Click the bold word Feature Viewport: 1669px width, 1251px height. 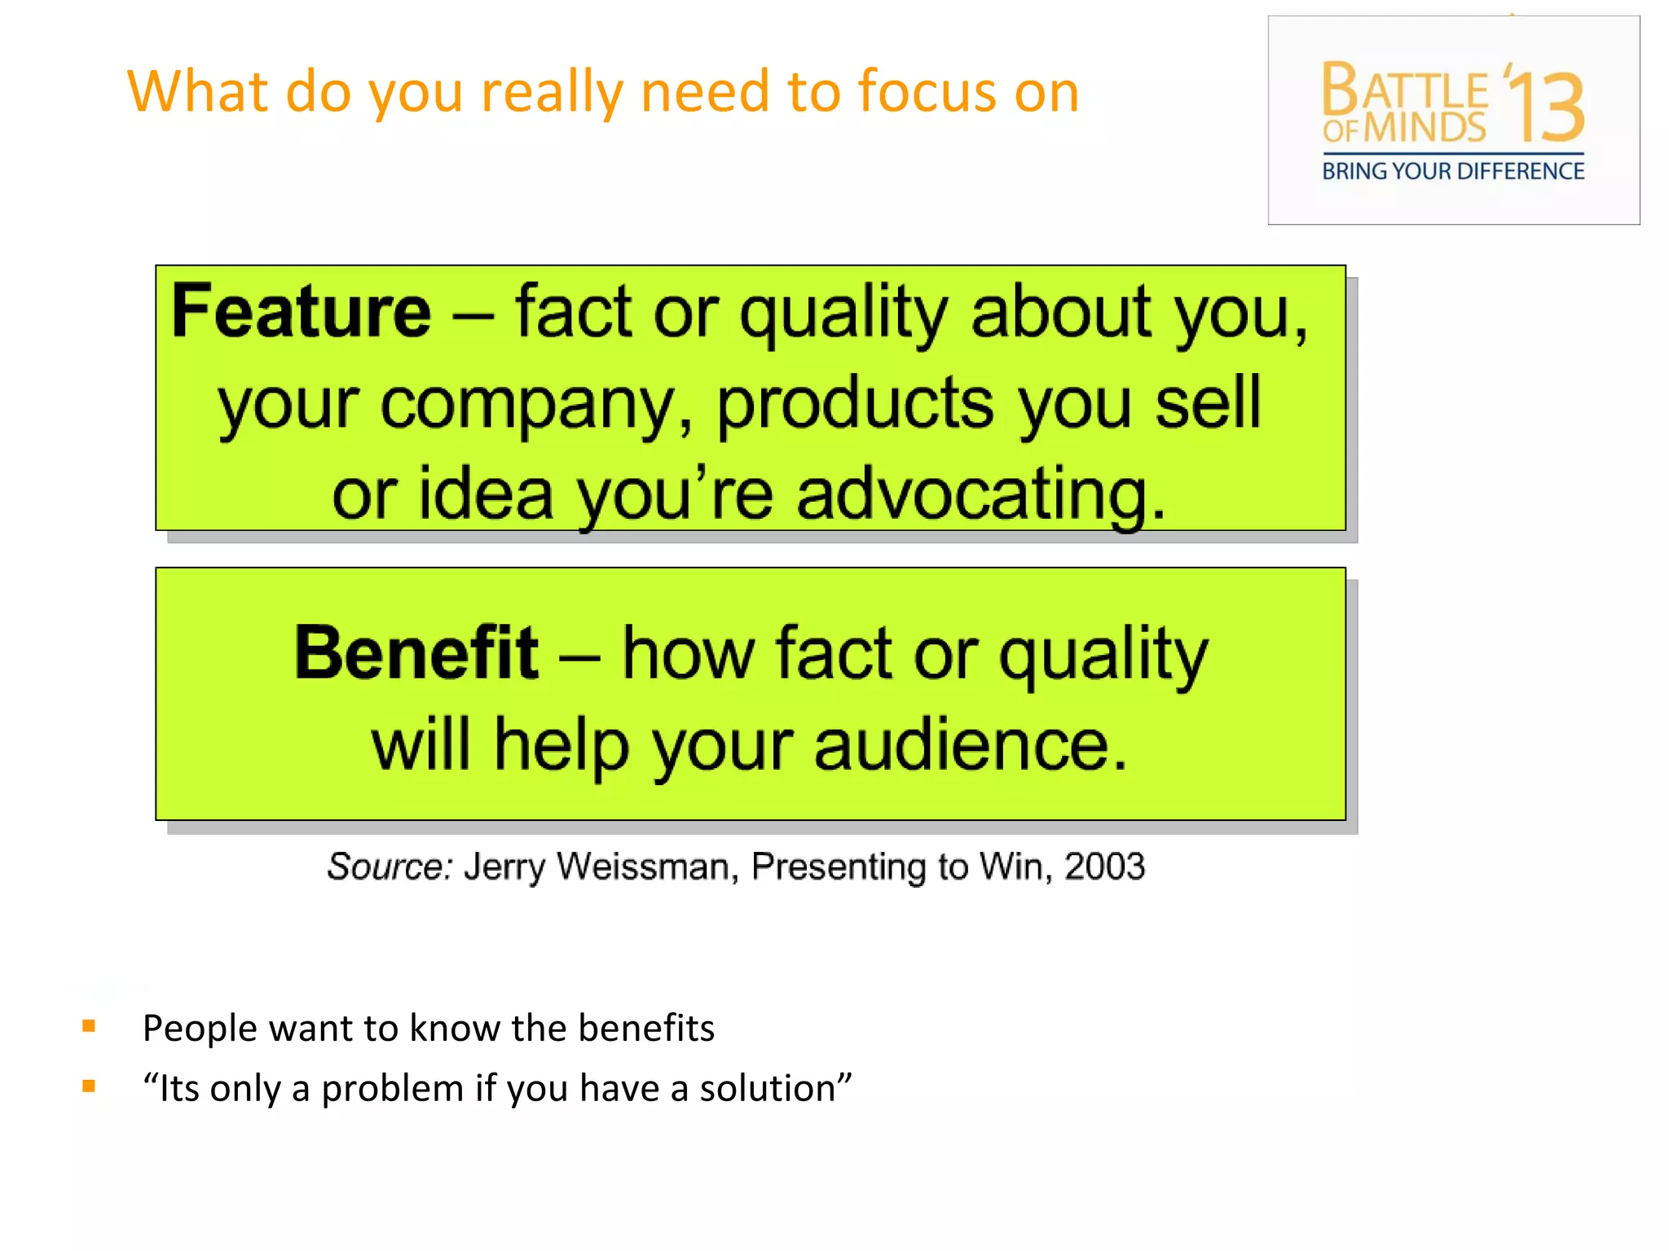[301, 311]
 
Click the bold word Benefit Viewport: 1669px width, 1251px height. [416, 653]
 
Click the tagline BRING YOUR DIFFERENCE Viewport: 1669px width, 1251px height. [1453, 172]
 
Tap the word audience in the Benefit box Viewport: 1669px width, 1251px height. [971, 745]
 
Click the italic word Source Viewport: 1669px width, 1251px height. [388, 867]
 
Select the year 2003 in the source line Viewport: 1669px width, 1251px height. [1104, 867]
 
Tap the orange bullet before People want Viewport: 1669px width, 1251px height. [89, 1026]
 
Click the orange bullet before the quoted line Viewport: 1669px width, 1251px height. [89, 1086]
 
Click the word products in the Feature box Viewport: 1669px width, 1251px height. [855, 405]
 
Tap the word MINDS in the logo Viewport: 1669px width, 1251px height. [1425, 129]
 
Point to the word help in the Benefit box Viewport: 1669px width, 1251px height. [561, 745]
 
